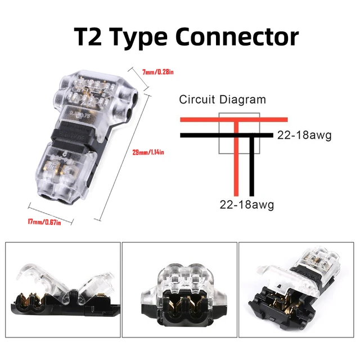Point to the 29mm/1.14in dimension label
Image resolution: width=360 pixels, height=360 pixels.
[147, 153]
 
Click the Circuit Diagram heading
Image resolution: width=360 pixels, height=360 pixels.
[222, 100]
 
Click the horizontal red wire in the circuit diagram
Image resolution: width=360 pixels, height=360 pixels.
[197, 119]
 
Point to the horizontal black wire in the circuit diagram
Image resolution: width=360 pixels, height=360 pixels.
[197, 135]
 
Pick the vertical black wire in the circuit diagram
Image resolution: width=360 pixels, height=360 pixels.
[254, 169]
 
